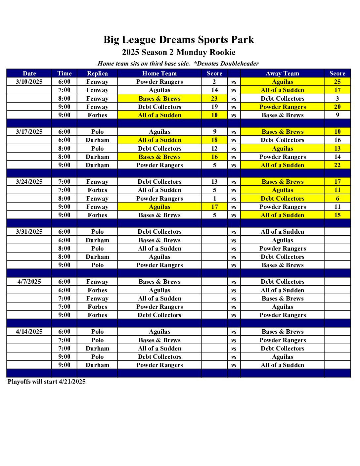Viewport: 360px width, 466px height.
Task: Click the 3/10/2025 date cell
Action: coord(29,82)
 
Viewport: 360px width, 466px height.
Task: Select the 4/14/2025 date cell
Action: coord(29,332)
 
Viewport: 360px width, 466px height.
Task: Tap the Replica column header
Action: coord(97,73)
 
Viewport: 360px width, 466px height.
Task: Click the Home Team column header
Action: coord(159,73)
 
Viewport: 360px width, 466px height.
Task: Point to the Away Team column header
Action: coord(282,73)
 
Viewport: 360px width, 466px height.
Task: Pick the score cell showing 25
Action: coord(337,82)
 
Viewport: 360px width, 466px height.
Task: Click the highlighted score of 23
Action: coord(214,99)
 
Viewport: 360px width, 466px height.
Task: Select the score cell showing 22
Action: coord(337,165)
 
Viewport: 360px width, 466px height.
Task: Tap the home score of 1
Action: coord(214,199)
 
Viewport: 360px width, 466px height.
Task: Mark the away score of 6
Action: coord(337,199)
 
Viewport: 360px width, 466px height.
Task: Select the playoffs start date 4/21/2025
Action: coord(72,382)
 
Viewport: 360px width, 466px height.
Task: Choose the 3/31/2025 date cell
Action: coord(29,232)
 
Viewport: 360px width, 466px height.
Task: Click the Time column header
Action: coord(64,73)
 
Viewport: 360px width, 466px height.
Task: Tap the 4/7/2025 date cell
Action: coord(29,282)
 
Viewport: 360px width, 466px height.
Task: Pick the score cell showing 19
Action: coord(214,107)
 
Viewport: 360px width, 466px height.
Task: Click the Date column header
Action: coord(29,73)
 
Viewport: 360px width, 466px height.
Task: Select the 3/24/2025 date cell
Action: coord(29,182)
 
